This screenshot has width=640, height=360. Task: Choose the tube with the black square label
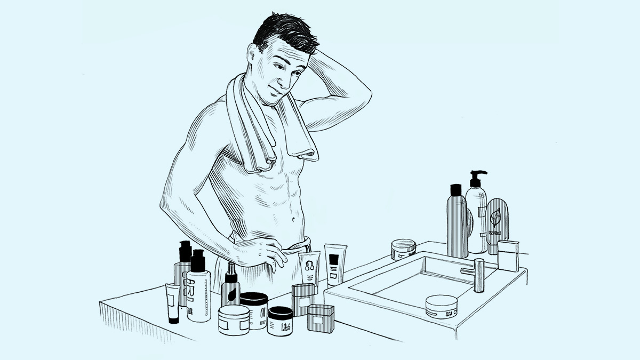click(x=335, y=265)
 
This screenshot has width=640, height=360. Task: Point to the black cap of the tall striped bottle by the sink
click(x=456, y=190)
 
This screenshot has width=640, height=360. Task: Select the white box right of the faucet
click(x=508, y=256)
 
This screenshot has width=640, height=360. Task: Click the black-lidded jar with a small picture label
click(x=280, y=321)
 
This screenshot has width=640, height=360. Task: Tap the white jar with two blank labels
click(x=234, y=319)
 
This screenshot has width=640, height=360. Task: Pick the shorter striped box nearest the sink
click(x=321, y=318)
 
